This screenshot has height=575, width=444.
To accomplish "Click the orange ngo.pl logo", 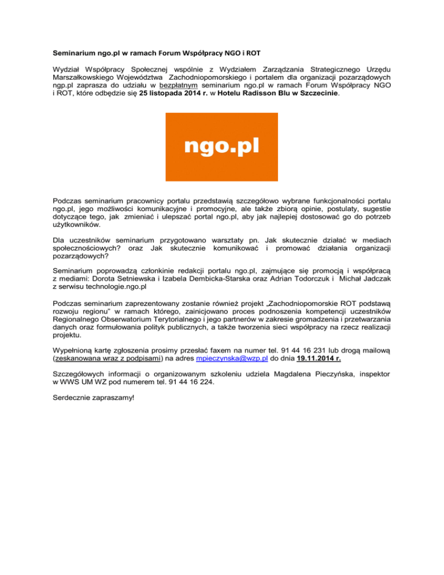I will [221, 147].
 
